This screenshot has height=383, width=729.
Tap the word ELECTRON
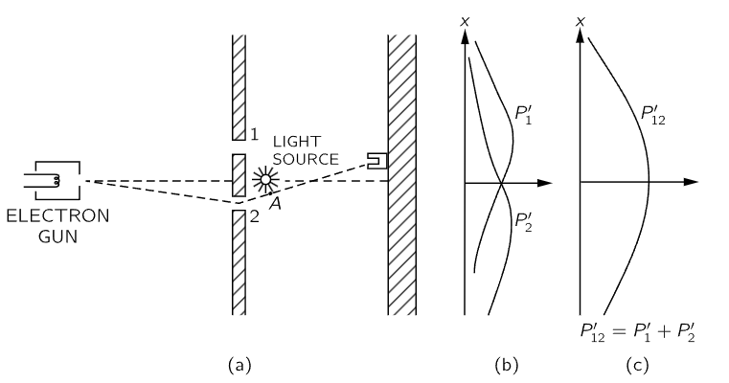pyautogui.click(x=57, y=215)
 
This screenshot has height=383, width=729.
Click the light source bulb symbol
pyautogui.click(x=265, y=179)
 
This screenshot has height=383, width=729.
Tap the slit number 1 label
pyautogui.click(x=254, y=136)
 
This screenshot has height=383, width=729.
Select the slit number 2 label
pyautogui.click(x=254, y=216)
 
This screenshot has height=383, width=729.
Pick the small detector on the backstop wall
pyautogui.click(x=377, y=159)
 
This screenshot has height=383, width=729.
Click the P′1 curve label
pyautogui.click(x=525, y=116)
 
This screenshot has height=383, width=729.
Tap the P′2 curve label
pyautogui.click(x=523, y=223)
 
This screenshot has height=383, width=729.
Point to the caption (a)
pyautogui.click(x=239, y=365)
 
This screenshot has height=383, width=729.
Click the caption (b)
pyautogui.click(x=504, y=365)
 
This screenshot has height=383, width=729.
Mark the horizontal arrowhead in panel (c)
pyautogui.click(x=692, y=181)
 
